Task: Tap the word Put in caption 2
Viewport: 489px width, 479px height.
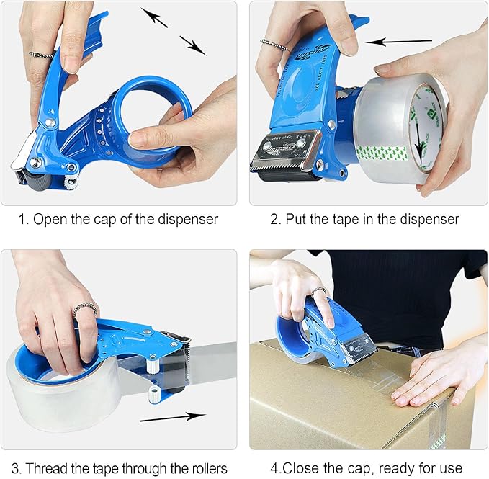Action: click(299, 219)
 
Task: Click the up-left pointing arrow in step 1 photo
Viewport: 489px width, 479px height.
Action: click(154, 17)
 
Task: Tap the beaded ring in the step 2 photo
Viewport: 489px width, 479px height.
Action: click(273, 45)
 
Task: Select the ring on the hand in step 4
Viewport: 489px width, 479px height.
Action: click(318, 291)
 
